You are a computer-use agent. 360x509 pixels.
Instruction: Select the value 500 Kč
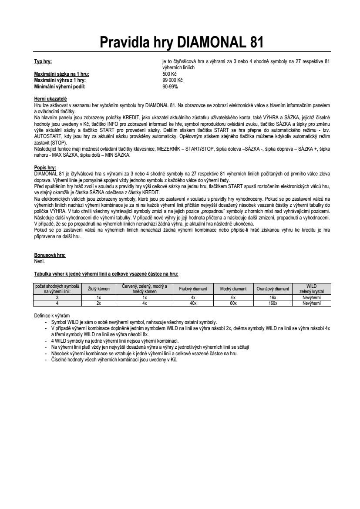(170, 74)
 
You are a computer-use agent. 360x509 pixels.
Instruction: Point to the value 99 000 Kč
(172, 80)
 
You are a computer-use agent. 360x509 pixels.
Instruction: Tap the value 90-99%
(170, 86)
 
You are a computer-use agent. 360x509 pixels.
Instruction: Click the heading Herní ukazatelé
(51, 99)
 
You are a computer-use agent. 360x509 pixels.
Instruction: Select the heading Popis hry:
(45, 167)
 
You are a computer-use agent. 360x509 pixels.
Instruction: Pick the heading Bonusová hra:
(50, 255)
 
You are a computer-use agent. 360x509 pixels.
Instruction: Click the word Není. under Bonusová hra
(39, 261)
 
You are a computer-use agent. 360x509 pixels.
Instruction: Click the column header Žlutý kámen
(99, 288)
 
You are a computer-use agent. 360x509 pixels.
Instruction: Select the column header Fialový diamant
(193, 288)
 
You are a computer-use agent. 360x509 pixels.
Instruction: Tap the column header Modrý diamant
(233, 288)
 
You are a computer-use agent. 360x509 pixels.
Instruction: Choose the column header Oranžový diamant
(273, 288)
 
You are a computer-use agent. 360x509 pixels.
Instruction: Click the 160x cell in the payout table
(273, 303)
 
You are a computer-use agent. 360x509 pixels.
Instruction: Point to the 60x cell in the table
(233, 303)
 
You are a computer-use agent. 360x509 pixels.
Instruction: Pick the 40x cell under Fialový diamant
(193, 303)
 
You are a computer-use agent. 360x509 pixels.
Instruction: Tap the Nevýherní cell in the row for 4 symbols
(311, 303)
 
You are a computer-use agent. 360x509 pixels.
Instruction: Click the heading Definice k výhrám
(52, 315)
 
